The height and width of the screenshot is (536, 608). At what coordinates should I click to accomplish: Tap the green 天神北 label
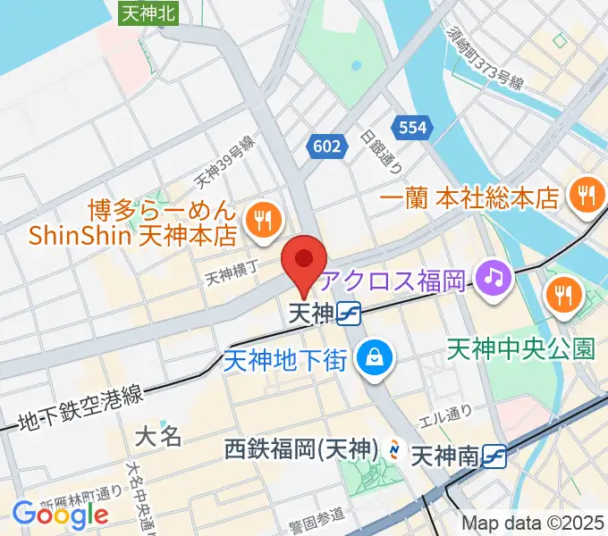(x=148, y=12)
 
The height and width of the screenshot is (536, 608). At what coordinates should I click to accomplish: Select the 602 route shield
(x=327, y=146)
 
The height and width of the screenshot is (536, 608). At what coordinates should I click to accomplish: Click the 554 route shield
(x=412, y=128)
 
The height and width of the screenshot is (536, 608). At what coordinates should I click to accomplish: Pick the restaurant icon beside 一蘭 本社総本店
(x=587, y=196)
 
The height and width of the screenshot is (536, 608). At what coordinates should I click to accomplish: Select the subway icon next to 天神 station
(x=350, y=314)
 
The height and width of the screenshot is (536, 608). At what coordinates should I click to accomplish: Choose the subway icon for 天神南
(x=494, y=456)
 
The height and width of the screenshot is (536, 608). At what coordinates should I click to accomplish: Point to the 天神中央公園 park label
(x=520, y=348)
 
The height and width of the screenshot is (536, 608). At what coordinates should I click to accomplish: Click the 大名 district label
(x=158, y=436)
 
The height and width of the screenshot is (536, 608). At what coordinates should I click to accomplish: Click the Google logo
(x=60, y=515)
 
